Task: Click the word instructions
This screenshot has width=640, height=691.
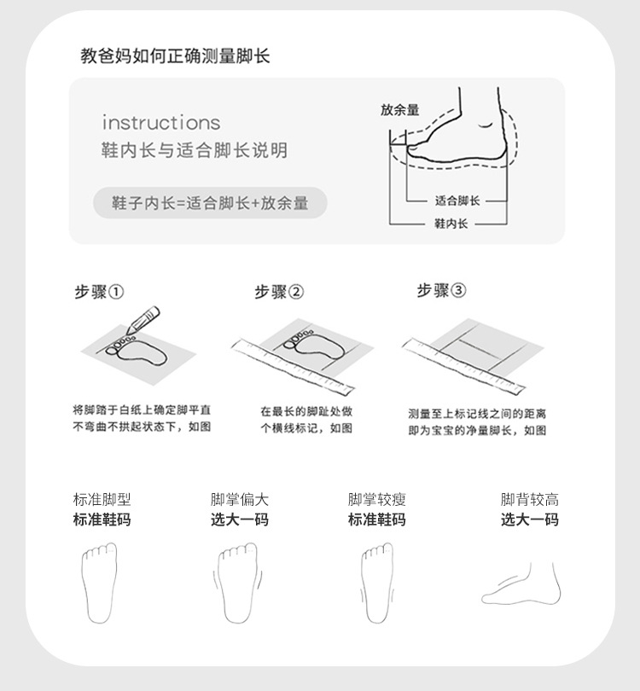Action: [x=161, y=123]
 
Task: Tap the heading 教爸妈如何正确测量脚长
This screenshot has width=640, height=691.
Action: [x=175, y=56]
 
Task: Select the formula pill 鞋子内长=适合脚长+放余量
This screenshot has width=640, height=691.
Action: [x=210, y=203]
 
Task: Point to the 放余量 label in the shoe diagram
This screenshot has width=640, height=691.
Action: [x=399, y=110]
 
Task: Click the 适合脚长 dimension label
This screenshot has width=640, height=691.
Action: [x=457, y=201]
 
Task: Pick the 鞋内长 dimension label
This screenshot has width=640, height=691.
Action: [x=451, y=224]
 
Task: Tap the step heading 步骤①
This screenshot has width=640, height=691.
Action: [x=99, y=292]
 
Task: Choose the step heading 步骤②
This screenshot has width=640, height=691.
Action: [x=279, y=292]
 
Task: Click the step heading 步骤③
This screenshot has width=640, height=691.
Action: [x=441, y=290]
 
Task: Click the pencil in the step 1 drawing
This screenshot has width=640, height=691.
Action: [x=143, y=321]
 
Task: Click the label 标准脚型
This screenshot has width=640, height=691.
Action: [x=102, y=500]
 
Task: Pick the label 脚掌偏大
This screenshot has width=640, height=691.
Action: [x=239, y=500]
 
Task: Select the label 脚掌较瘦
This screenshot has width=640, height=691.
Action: [x=377, y=500]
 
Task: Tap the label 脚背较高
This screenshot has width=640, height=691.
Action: [x=530, y=500]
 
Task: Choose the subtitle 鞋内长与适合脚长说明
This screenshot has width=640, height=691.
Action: [x=195, y=150]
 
